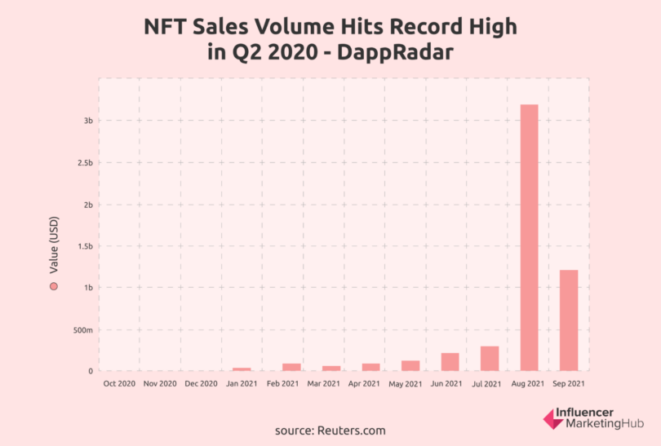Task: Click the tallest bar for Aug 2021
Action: pos(528,237)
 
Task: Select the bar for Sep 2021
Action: pos(569,320)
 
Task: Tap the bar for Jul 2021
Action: pos(489,358)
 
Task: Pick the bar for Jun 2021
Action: pos(450,361)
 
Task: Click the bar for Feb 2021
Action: pos(291,367)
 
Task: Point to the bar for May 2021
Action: pos(410,365)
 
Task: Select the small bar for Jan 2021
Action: pos(242,369)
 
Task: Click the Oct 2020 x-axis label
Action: pos(120,382)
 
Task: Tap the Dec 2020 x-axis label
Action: pos(201,382)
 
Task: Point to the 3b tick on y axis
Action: pos(87,121)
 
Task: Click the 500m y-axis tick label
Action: pos(82,330)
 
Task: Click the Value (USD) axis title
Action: pos(54,244)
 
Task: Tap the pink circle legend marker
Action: pos(54,286)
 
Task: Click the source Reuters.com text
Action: pos(330,430)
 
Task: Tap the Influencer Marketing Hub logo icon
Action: pos(552,419)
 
